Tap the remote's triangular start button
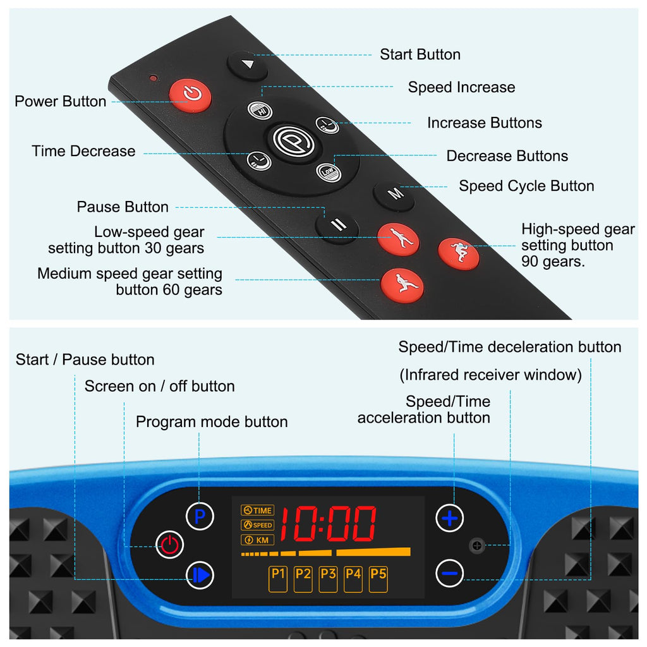(x=248, y=65)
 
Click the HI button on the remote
(x=260, y=111)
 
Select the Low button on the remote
(x=329, y=171)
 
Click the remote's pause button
(x=337, y=226)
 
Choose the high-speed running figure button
(x=459, y=253)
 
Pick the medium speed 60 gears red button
(x=402, y=284)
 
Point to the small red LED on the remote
(x=154, y=78)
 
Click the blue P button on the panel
(x=200, y=516)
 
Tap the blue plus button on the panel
(x=449, y=518)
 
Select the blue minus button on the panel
(x=449, y=573)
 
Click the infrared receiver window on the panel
(x=477, y=546)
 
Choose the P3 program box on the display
(x=328, y=579)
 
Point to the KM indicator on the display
(x=258, y=540)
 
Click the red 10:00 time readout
(x=329, y=524)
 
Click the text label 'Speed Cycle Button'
(x=526, y=186)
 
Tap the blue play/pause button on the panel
(x=200, y=575)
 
